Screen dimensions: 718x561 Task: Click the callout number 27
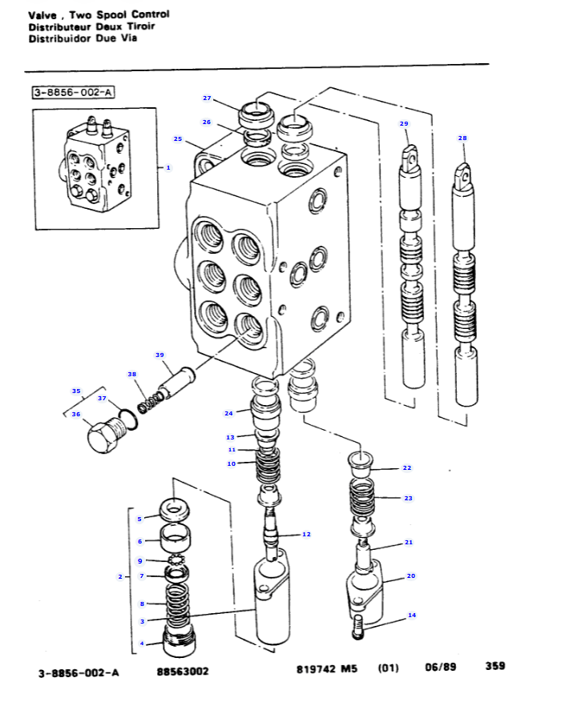pos(207,98)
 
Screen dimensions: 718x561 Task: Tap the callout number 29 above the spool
pos(404,123)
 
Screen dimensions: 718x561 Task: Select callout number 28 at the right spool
pos(462,138)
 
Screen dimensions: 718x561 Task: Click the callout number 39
pos(159,355)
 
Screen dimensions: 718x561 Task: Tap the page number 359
pos(494,666)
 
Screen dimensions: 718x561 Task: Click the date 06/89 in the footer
pos(440,667)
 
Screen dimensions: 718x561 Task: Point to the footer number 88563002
pos(183,672)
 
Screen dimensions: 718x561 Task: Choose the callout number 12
pos(306,534)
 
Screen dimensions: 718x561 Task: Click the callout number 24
pos(228,413)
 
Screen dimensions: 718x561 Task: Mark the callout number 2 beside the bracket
pos(119,576)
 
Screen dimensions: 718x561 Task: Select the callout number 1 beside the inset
pos(168,167)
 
